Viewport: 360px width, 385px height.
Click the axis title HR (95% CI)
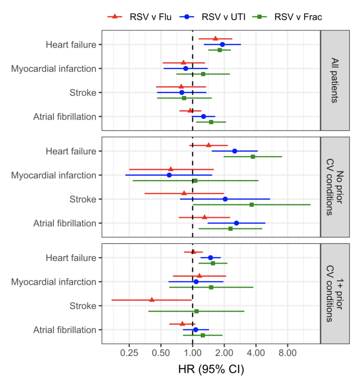tap(211, 369)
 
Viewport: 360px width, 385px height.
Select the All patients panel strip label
tap(332, 80)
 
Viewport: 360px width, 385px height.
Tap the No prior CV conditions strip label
tap(332, 187)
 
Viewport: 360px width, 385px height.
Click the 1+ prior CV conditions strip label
tap(332, 294)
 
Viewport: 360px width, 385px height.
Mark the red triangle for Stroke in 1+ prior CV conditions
tap(152, 300)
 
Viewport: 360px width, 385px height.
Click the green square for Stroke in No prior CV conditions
tap(252, 205)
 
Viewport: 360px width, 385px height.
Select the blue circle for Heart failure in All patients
tap(222, 44)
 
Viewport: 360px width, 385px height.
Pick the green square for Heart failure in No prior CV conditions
tap(253, 157)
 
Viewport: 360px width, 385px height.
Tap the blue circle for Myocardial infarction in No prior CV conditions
tap(169, 175)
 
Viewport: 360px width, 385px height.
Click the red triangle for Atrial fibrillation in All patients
tap(190, 110)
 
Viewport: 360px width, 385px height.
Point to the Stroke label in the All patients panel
tap(83, 92)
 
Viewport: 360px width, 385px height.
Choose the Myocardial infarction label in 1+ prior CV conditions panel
tap(54, 282)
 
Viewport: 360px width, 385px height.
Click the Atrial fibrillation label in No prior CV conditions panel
tap(65, 223)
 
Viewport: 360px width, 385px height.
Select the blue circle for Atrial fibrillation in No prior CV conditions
tap(236, 223)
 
